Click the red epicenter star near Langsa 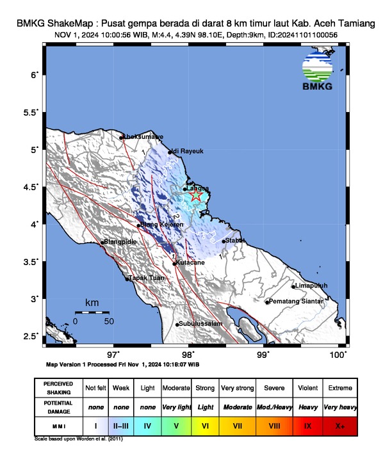tap(197, 197)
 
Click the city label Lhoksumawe tap(143, 136)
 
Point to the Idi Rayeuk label tap(188, 151)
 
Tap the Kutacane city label tap(190, 262)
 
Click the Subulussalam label tap(200, 324)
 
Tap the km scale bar tap(92, 312)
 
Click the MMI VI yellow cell tap(205, 424)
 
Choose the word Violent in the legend tap(307, 388)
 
